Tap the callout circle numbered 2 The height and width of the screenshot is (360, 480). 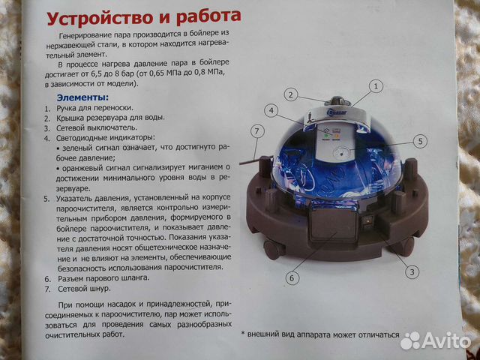pyautogui.click(x=292, y=95)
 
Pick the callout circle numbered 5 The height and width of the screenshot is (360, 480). pyautogui.click(x=419, y=140)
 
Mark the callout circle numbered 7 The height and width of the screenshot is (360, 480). pyautogui.click(x=257, y=132)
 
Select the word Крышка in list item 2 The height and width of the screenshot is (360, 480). pyautogui.click(x=75, y=118)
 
